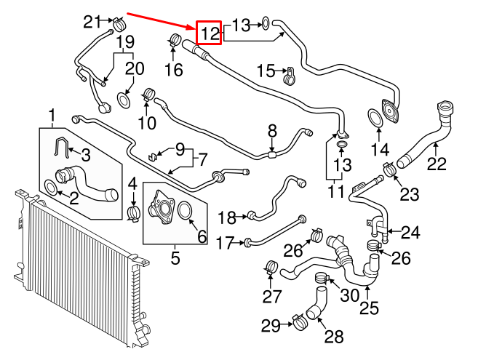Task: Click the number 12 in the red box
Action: (x=210, y=32)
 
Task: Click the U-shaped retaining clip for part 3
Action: (x=65, y=148)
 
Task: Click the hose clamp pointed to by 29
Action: (x=299, y=319)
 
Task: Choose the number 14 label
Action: (x=381, y=151)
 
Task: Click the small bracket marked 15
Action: (x=288, y=73)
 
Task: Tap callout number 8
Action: (x=272, y=131)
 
